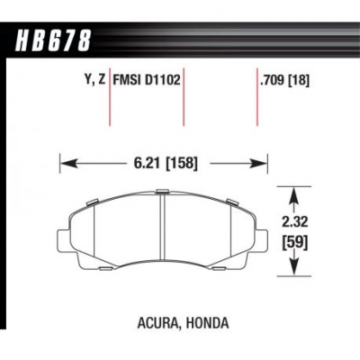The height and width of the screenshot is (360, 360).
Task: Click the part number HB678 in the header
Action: point(53,40)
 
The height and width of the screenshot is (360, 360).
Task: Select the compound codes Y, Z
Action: point(94,80)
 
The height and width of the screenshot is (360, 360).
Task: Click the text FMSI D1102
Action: point(147,80)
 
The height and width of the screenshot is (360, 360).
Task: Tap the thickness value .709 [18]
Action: point(285,80)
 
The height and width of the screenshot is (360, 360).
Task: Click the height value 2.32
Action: point(295,222)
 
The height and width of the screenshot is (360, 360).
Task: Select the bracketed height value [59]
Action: point(295,242)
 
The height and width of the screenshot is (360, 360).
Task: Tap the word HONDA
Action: point(208,323)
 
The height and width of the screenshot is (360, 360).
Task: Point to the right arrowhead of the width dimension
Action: point(258,164)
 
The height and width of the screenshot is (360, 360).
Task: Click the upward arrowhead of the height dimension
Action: point(294,195)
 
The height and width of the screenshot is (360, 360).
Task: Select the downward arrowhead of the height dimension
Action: point(294,267)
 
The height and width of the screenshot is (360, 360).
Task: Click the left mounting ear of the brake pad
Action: point(63,239)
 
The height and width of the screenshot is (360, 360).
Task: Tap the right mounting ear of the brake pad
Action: point(261,239)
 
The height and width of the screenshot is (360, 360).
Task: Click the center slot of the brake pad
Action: point(162,227)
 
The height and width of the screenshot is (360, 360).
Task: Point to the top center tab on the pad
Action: point(162,192)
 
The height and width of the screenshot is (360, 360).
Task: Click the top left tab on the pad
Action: point(92,202)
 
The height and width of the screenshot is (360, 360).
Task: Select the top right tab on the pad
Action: point(232,202)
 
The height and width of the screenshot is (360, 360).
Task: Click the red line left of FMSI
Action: point(110,97)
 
